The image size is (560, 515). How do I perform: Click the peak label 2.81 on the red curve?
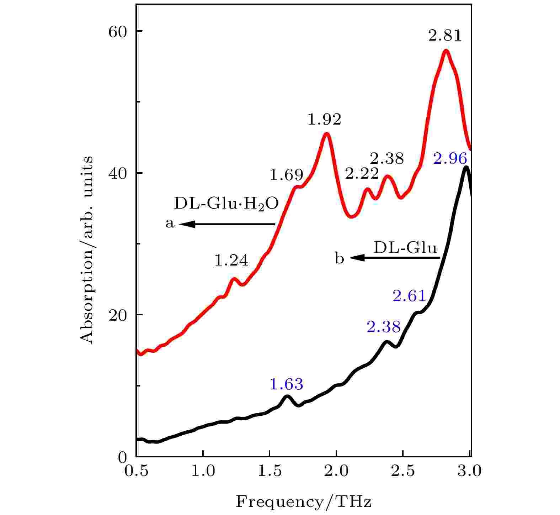tap(445, 36)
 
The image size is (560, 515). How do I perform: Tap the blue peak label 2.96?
tap(450, 159)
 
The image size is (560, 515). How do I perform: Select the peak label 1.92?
tap(324, 120)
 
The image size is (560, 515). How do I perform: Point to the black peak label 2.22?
tap(362, 174)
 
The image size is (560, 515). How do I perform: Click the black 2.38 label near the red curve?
tap(387, 158)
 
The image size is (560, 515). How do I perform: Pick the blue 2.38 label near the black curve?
tap(384, 327)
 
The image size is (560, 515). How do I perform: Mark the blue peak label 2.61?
tap(409, 296)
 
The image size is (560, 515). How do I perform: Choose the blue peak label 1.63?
tap(287, 384)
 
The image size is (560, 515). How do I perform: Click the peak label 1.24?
tap(231, 261)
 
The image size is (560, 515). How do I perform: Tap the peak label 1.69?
tap(287, 175)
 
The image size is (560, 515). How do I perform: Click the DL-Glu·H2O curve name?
tap(226, 204)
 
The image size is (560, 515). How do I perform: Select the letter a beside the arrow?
tap(170, 224)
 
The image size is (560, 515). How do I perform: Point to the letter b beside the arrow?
tap(340, 258)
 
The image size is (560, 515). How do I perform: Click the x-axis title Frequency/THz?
tap(303, 502)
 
